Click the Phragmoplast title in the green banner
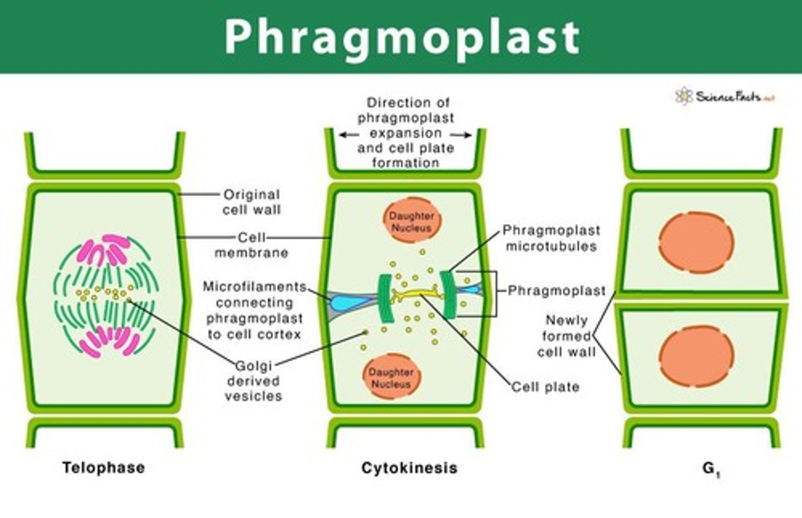(x=402, y=37)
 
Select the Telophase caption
(x=104, y=467)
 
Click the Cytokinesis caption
(x=409, y=467)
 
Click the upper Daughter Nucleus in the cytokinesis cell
(x=412, y=221)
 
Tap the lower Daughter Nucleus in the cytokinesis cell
(x=392, y=378)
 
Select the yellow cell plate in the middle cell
(x=415, y=292)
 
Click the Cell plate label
(x=545, y=387)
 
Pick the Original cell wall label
(x=252, y=202)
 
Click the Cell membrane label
(x=252, y=245)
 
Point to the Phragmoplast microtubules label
(x=551, y=238)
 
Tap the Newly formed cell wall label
(x=566, y=336)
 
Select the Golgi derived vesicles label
(x=253, y=381)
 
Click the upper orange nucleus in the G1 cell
(x=696, y=243)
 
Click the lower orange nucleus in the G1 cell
(x=696, y=356)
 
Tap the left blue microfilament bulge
(x=344, y=302)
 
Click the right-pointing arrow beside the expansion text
(x=462, y=135)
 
